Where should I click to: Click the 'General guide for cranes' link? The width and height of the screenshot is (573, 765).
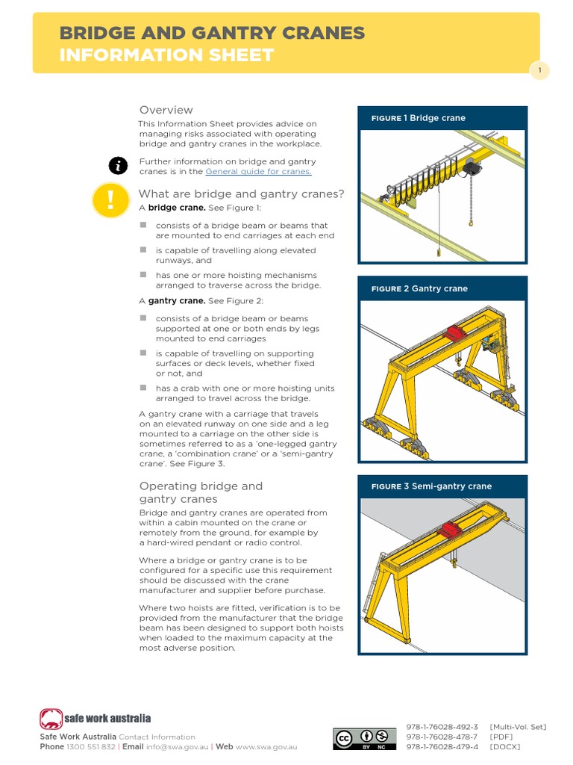pos(258,172)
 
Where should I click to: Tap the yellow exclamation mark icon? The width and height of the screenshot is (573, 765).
pos(111,200)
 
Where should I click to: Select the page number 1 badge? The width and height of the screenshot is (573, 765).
pos(539,71)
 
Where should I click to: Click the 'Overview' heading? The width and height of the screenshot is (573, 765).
pos(166,110)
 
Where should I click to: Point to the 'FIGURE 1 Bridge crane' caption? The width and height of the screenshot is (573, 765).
pos(419,118)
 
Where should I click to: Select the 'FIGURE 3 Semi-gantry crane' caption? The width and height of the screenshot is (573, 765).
pos(431,486)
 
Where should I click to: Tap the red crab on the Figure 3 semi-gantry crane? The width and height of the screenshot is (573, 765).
pos(451,530)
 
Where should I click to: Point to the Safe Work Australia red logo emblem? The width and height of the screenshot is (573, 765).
pos(51,719)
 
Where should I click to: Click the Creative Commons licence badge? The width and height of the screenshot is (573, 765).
pos(364,739)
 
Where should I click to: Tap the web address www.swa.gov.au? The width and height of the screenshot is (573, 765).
pos(266,746)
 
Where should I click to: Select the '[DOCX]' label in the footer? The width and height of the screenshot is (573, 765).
pos(505,746)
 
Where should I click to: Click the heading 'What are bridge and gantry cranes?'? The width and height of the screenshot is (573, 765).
pos(241,194)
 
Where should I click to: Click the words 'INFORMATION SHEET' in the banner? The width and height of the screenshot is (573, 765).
pos(166,55)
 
